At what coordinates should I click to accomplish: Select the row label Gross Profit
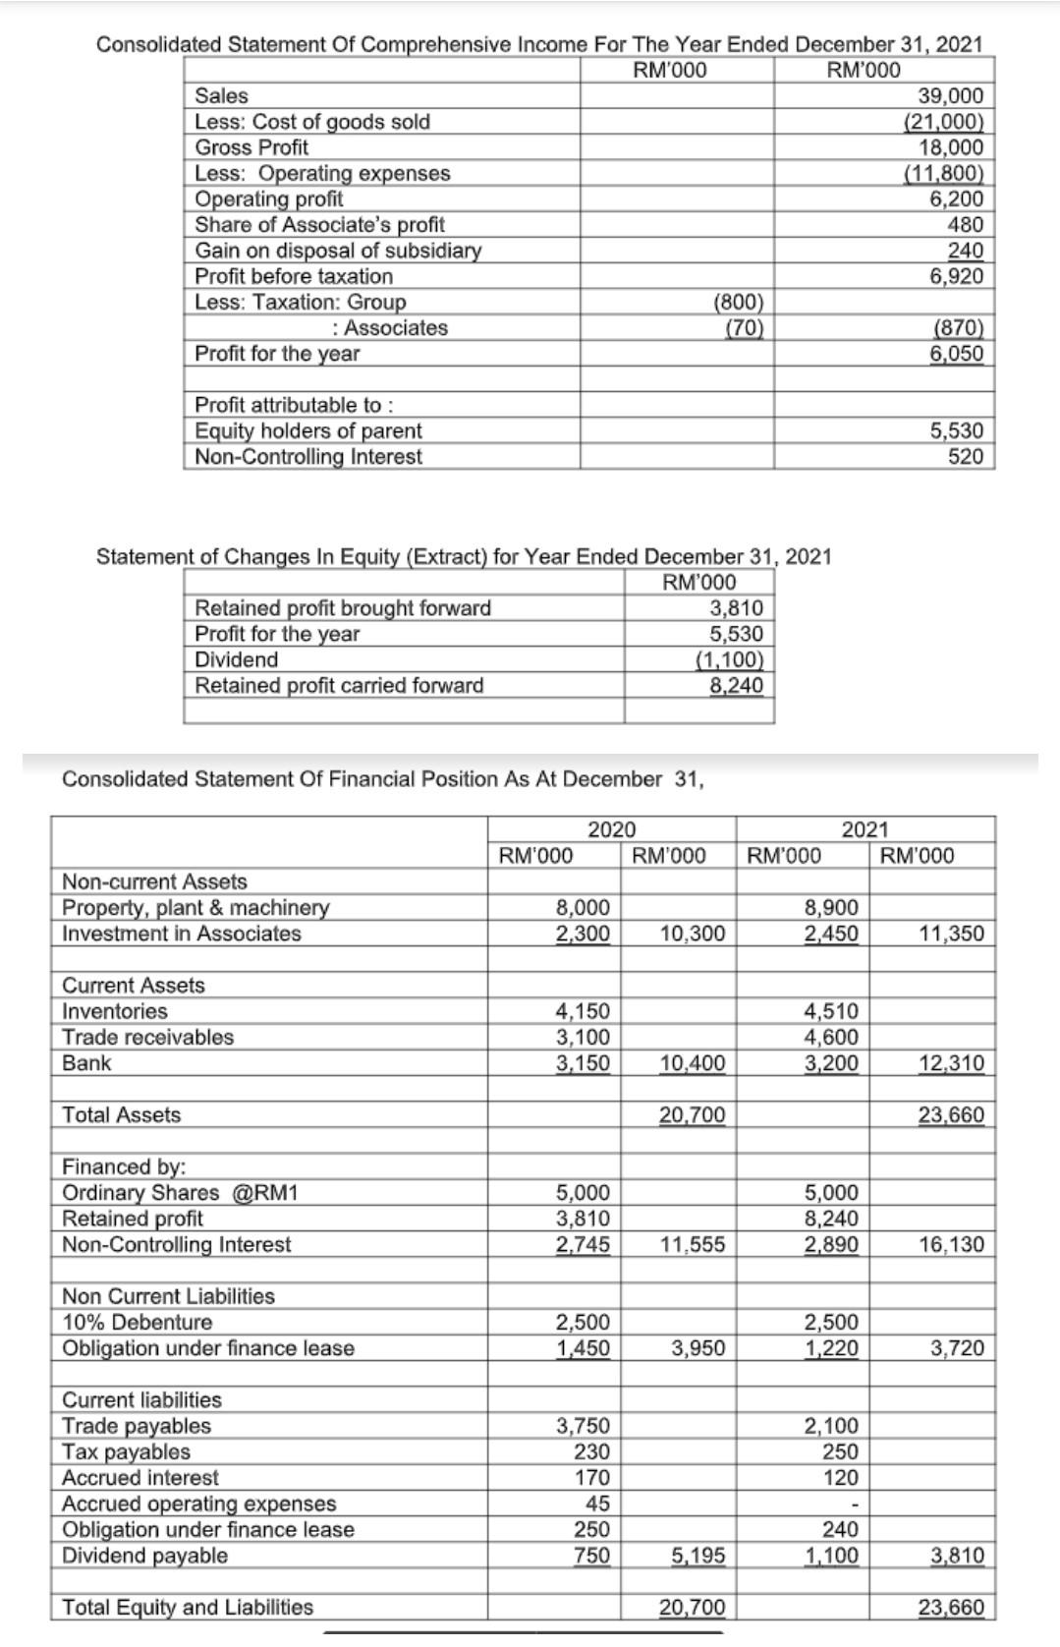251,147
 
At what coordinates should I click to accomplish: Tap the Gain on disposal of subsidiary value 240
966,251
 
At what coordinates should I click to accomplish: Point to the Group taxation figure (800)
738,302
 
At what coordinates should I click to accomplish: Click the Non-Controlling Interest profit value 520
966,456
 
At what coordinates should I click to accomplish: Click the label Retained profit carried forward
339,685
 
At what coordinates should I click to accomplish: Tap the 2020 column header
611,829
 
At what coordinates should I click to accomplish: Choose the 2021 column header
865,829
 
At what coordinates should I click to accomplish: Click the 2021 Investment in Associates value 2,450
831,933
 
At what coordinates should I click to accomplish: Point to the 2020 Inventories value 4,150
583,1011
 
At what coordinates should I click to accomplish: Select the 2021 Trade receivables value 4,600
831,1037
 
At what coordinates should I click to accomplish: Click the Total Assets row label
122,1114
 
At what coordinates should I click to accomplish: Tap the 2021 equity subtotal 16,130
951,1244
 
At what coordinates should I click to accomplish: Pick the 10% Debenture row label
138,1322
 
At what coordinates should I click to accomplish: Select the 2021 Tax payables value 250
840,1451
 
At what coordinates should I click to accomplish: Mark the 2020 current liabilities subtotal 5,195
698,1556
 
